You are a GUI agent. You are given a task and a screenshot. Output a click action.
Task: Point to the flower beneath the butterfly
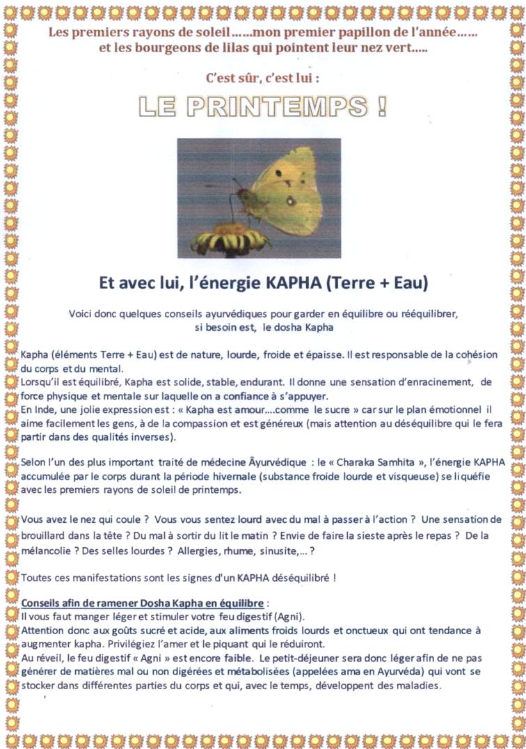(x=230, y=239)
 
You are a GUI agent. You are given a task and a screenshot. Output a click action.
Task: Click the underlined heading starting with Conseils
(x=143, y=602)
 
